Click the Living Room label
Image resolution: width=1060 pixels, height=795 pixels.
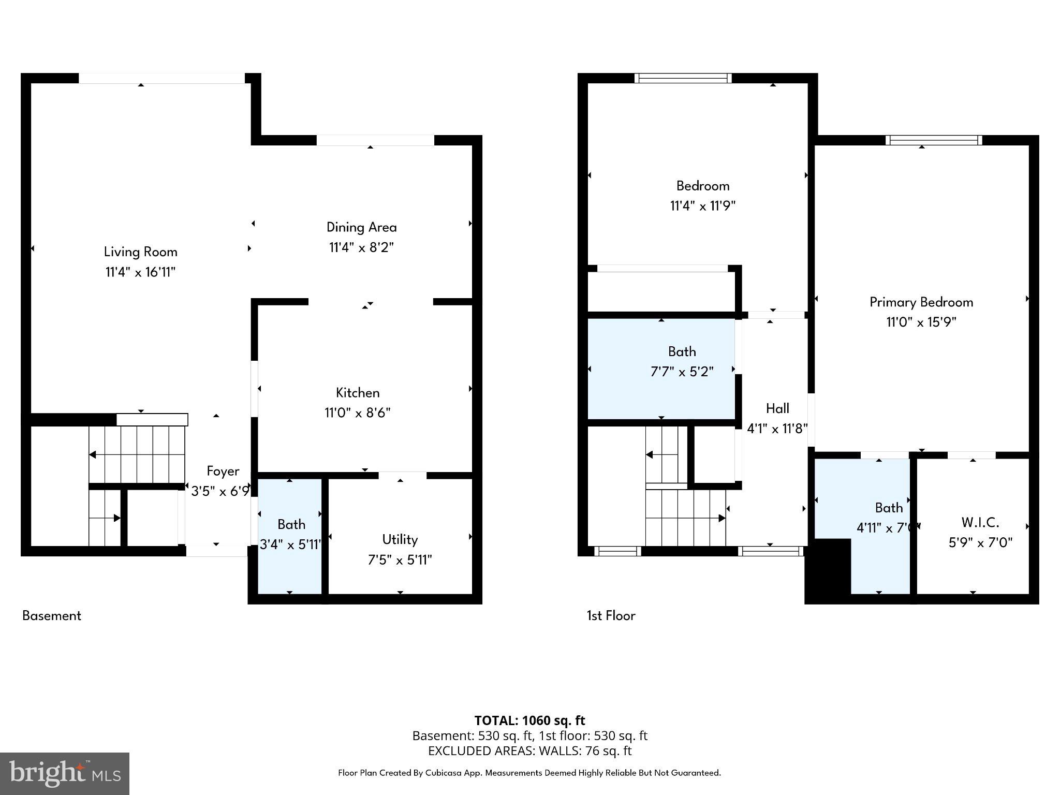[x=140, y=252]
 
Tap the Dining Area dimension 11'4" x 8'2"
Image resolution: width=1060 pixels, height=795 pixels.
[x=361, y=247]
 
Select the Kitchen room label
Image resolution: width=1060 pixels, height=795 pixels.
[x=358, y=393]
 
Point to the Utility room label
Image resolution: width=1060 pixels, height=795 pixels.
[x=400, y=539]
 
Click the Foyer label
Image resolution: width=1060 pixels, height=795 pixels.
[x=223, y=471]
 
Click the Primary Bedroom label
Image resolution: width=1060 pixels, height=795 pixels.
[x=921, y=302]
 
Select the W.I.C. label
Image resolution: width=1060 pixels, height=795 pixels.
[x=980, y=522]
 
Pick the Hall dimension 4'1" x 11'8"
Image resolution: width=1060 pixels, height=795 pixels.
[x=777, y=429]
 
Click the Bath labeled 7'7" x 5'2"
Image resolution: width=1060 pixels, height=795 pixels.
[x=682, y=352]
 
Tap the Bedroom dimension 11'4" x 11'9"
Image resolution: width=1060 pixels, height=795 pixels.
[x=702, y=206]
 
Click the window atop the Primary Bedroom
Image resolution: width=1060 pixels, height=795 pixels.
[x=933, y=140]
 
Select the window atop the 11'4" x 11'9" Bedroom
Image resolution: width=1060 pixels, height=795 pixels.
[x=683, y=78]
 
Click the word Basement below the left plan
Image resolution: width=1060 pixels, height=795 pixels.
[x=52, y=615]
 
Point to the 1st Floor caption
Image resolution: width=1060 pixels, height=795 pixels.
[x=611, y=615]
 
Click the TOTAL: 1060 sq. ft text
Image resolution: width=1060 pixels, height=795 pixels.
[x=529, y=720]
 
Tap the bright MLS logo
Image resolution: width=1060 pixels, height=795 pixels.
[x=65, y=773]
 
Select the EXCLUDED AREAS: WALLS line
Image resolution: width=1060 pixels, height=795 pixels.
[x=529, y=750]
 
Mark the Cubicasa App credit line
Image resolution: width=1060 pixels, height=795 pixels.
[x=529, y=773]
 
